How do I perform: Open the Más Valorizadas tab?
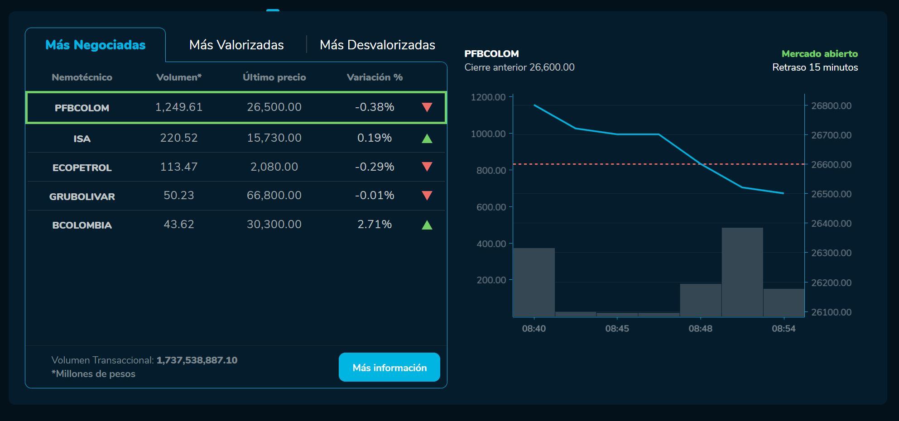pyautogui.click(x=236, y=45)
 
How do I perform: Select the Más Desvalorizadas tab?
pyautogui.click(x=377, y=45)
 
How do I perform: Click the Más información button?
pyautogui.click(x=389, y=367)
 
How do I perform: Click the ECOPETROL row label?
pyautogui.click(x=82, y=167)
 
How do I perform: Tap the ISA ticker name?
pyautogui.click(x=82, y=139)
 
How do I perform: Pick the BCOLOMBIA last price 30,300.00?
pyautogui.click(x=274, y=224)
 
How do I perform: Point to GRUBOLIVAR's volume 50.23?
pyautogui.click(x=179, y=195)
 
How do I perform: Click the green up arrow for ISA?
pyautogui.click(x=427, y=138)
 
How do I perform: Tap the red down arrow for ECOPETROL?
pyautogui.click(x=427, y=167)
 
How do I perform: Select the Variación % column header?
pyautogui.click(x=375, y=77)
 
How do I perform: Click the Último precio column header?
pyautogui.click(x=274, y=77)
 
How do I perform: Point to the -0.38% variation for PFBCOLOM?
pyautogui.click(x=375, y=107)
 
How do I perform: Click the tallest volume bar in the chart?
pyautogui.click(x=742, y=272)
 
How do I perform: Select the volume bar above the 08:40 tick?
pyautogui.click(x=534, y=282)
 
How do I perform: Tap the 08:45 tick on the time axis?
pyautogui.click(x=617, y=329)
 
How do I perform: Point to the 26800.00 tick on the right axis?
pyautogui.click(x=831, y=105)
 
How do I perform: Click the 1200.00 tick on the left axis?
pyautogui.click(x=488, y=97)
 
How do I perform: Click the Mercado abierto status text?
pyautogui.click(x=819, y=54)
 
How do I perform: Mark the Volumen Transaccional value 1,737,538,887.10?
pyautogui.click(x=197, y=360)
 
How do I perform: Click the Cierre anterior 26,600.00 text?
pyautogui.click(x=519, y=67)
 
